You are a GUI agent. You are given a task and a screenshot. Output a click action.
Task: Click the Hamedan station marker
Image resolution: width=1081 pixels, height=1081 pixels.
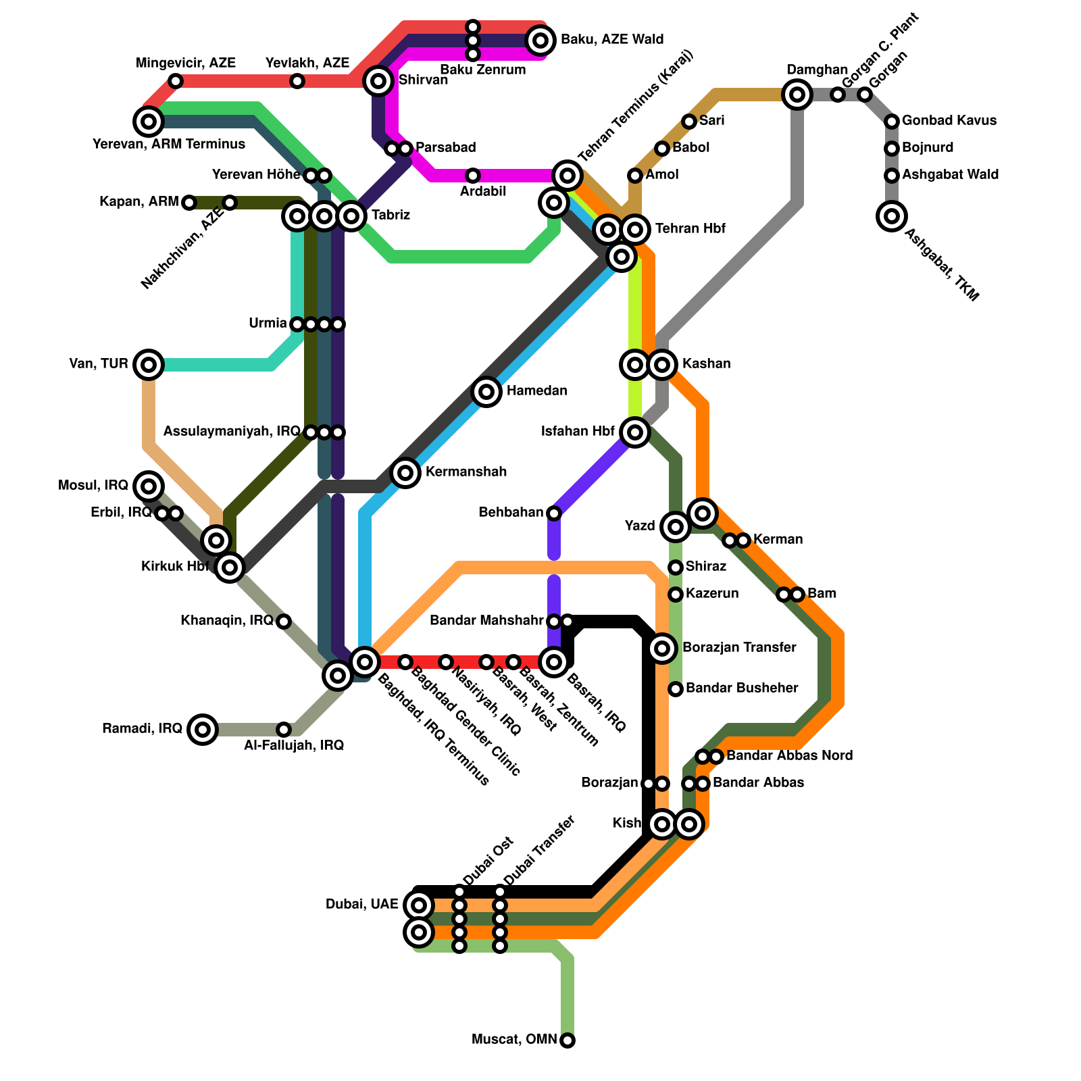click(x=486, y=392)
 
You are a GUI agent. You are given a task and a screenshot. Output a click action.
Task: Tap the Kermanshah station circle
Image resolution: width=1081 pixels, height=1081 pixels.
click(x=405, y=473)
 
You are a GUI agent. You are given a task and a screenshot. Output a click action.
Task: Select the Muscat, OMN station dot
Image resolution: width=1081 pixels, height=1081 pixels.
click(x=568, y=1040)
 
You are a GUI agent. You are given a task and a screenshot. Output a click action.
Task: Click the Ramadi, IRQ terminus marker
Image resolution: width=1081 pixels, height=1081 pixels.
click(x=203, y=730)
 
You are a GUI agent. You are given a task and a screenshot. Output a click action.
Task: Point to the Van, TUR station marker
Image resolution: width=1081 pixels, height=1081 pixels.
click(x=149, y=365)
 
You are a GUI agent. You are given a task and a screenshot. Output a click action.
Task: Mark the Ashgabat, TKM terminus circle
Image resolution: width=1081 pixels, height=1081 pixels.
click(x=892, y=216)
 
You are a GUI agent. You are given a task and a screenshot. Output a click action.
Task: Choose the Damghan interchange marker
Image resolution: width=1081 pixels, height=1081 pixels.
click(x=797, y=95)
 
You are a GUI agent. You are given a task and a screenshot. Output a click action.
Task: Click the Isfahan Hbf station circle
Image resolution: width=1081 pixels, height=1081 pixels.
click(x=635, y=432)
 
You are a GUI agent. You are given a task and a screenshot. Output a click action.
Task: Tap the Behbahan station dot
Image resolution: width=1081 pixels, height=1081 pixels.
click(x=554, y=513)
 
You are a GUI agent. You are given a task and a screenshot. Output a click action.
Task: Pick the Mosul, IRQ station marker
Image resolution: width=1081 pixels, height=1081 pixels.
click(x=149, y=486)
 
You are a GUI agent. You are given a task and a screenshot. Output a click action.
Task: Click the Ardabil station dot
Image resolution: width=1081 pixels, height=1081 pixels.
click(x=473, y=176)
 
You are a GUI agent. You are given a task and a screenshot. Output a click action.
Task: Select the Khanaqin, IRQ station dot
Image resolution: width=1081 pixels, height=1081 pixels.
click(x=284, y=622)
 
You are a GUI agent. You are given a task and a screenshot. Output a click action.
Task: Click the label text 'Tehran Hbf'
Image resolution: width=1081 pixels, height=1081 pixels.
click(x=690, y=229)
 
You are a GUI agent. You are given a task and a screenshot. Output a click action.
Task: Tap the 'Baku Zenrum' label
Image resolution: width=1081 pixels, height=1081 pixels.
click(x=482, y=70)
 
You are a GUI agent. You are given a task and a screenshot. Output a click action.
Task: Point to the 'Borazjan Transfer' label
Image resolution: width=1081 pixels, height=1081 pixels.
click(x=739, y=648)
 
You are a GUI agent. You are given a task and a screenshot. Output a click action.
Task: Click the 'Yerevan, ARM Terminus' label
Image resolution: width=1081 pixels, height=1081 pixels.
click(x=169, y=144)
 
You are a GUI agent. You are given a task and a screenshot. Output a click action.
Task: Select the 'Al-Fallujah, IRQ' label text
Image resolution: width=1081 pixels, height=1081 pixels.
click(x=294, y=745)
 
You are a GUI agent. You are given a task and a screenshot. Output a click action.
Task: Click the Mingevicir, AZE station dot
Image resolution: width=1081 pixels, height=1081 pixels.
click(x=176, y=81)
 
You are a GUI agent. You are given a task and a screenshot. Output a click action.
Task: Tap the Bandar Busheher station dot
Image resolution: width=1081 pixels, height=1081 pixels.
click(x=676, y=689)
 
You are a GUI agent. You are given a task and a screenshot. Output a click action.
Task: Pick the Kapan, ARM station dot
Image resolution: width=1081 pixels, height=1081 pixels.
click(x=189, y=203)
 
